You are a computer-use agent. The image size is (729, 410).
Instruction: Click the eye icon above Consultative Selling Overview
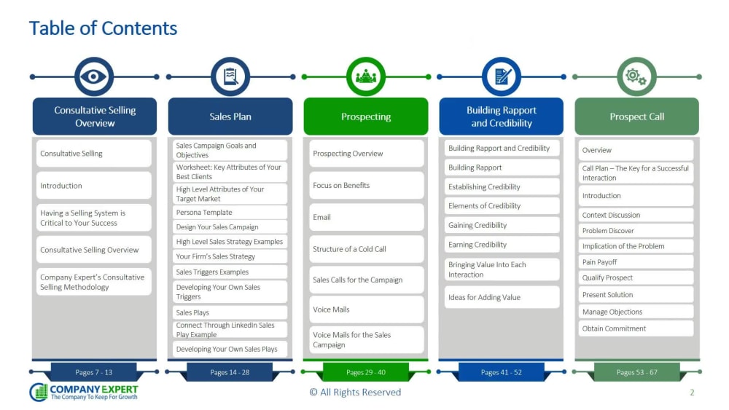(93, 76)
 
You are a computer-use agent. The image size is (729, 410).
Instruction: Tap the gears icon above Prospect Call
(636, 76)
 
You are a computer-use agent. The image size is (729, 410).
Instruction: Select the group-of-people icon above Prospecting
(366, 76)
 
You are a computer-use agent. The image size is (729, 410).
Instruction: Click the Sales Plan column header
(230, 117)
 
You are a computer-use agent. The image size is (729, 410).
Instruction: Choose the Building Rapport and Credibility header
(502, 117)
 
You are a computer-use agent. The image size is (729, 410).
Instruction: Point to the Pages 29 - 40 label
(366, 372)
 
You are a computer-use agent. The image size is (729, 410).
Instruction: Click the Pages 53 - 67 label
(637, 372)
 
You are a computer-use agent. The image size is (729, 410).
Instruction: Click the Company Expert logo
(84, 392)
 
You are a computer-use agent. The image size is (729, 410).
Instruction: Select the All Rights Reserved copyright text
(355, 393)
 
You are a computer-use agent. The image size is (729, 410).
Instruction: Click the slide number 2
(692, 393)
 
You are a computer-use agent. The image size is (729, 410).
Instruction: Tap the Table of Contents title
(104, 28)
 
